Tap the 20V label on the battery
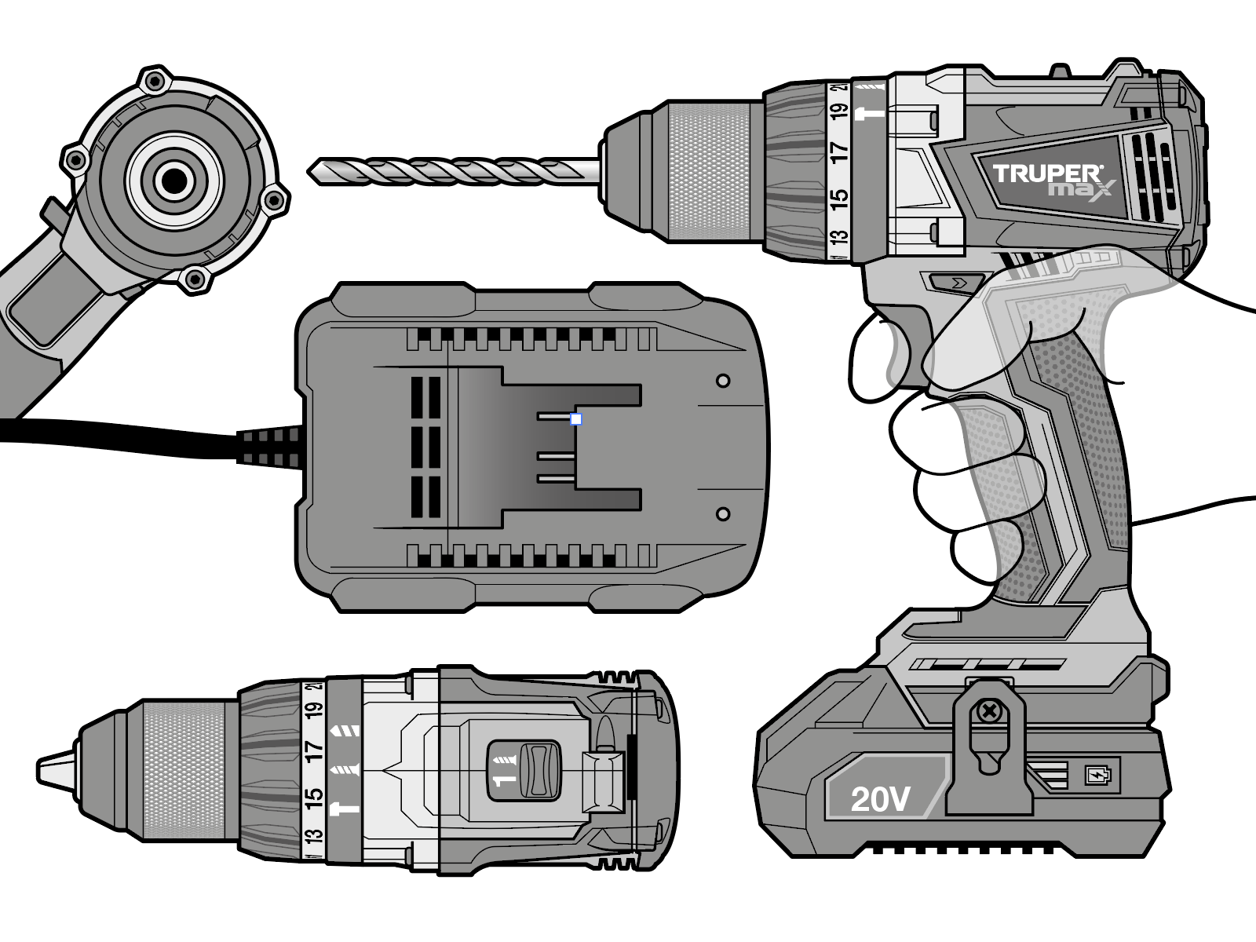point(880,799)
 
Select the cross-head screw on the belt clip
point(988,713)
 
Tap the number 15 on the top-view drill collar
point(313,795)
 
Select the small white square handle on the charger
point(575,419)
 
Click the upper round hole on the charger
point(723,381)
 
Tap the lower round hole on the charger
point(723,514)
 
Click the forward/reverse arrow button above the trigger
point(955,281)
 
